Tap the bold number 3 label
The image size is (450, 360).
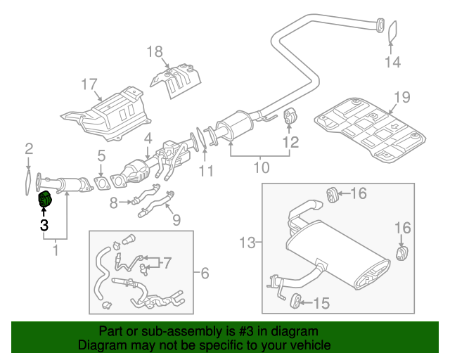(44, 226)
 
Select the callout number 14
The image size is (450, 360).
(392, 63)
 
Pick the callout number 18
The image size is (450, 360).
(154, 51)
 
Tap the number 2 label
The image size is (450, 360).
(29, 148)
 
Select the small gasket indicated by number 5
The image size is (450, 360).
(103, 185)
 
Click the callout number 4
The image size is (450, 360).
(148, 139)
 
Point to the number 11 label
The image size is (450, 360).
(205, 171)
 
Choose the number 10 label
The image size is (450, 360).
(261, 167)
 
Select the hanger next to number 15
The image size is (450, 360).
(297, 302)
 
